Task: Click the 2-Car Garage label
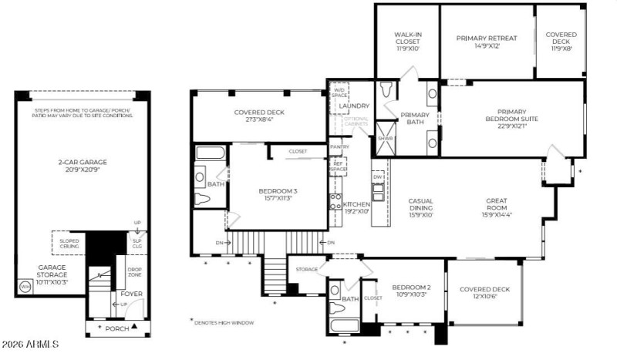click(x=82, y=166)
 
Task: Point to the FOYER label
click(x=131, y=294)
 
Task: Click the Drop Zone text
click(x=134, y=272)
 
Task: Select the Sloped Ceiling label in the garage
click(x=69, y=244)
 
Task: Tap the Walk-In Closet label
click(x=406, y=41)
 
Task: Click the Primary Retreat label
click(x=487, y=42)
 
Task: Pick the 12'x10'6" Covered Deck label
click(x=483, y=294)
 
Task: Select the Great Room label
click(x=496, y=205)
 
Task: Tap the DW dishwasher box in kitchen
click(x=378, y=176)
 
